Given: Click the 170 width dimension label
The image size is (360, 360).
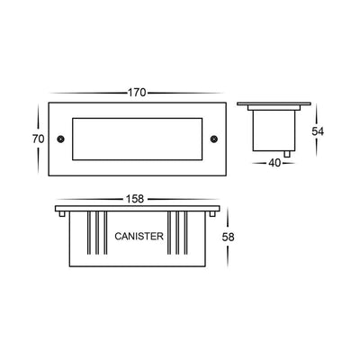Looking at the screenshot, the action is tap(137, 93).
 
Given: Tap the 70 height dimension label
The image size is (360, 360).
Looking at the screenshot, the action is tap(38, 139).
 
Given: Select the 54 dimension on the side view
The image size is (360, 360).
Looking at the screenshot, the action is tap(318, 131).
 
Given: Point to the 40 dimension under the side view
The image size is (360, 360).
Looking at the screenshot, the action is tap(274, 163).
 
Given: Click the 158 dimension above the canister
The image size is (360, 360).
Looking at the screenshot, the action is tap(135, 199).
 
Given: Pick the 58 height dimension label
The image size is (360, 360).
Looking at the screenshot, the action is tap(228, 237).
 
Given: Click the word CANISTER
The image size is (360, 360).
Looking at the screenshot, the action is tap(139, 237).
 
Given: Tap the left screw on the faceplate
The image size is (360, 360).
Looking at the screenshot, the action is tap(60, 139).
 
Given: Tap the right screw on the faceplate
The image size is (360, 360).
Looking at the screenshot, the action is tap(214, 139).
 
